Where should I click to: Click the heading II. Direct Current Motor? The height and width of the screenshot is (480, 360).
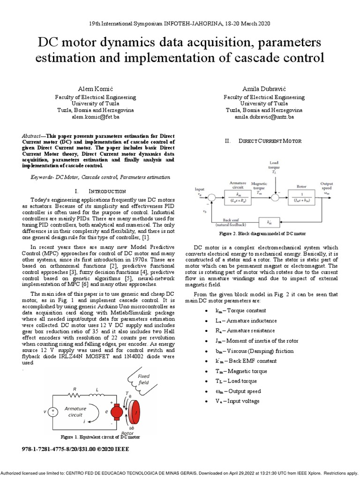(x=263, y=141)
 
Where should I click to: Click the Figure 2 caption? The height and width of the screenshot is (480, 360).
(x=262, y=233)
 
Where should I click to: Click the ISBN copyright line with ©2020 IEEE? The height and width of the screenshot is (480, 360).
(x=76, y=449)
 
